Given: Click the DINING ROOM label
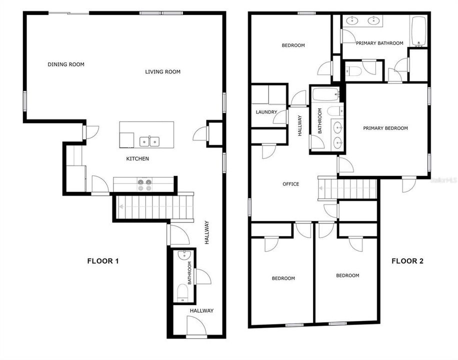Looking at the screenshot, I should click(66, 64).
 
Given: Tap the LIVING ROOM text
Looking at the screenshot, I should click(162, 72).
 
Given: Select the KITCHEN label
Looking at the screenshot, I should click(137, 159).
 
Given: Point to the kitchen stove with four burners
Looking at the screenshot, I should click(144, 185).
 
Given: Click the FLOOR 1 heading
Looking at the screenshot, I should click(102, 261).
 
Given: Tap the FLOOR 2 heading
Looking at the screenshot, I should click(407, 261).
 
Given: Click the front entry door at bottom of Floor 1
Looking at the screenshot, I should click(196, 327).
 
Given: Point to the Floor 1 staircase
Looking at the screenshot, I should click(155, 206).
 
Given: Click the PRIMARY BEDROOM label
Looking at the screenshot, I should click(385, 128).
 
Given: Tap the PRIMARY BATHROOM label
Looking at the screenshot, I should click(379, 43).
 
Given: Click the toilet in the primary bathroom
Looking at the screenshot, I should click(353, 71).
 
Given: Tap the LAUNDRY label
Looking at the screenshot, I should click(266, 112).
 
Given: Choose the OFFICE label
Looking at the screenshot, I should click(290, 184).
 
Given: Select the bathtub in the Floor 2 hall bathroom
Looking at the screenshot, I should click(325, 94).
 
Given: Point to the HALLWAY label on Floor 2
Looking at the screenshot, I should click(300, 126).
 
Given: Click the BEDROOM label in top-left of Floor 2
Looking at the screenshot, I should click(293, 45).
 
